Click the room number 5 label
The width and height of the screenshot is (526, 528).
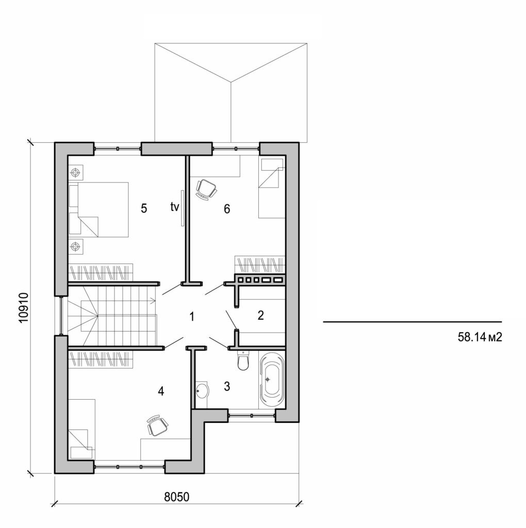pos(144,208)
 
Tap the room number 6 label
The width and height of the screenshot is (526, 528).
pos(226,209)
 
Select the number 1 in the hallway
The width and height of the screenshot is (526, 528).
pos(192,316)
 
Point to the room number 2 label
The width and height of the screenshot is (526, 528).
pos(260,315)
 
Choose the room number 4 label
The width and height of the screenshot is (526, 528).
pos(161,391)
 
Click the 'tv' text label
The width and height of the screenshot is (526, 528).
pos(174,207)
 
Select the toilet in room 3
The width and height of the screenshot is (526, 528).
pos(242,361)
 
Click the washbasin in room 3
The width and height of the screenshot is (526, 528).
pos(202,391)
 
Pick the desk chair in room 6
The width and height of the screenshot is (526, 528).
pos(206,189)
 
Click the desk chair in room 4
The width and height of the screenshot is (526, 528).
pos(157,425)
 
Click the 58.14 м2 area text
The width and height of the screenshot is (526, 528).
pos(480,338)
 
